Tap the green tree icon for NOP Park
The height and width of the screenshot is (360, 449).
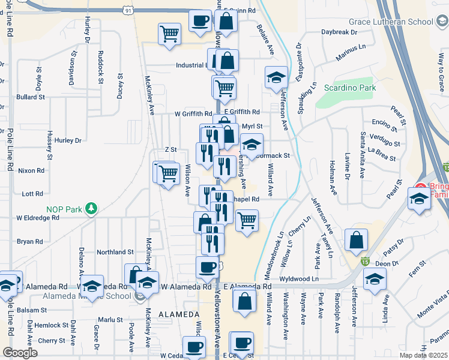tap(91, 208)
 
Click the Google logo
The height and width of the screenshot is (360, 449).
tap(20, 353)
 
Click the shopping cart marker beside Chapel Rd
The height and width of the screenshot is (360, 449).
tap(247, 220)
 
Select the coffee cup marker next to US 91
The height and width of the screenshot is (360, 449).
tap(200, 20)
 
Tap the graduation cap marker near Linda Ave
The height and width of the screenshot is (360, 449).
tap(375, 279)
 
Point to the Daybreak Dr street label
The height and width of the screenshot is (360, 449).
tap(339, 31)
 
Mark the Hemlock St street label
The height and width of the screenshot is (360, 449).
tap(51, 325)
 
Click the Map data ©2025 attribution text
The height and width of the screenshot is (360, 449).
tap(423, 355)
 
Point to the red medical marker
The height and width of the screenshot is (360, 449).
tap(421, 187)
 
